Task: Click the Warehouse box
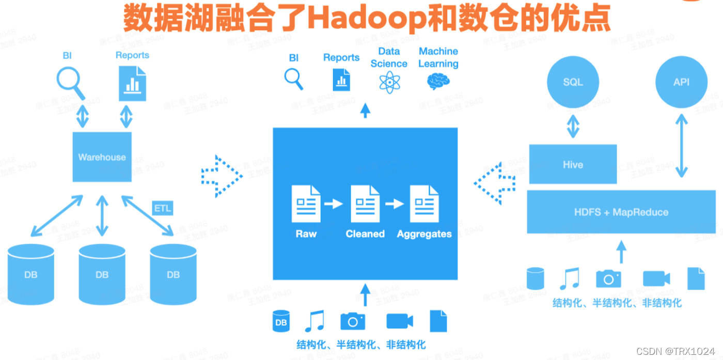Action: [x=102, y=157]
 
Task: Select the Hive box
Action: [x=573, y=164]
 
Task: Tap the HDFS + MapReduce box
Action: [x=621, y=212]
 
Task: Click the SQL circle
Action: [x=573, y=82]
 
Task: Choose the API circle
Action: [x=681, y=82]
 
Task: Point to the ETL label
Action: [x=162, y=209]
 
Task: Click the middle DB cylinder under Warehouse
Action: [x=102, y=274]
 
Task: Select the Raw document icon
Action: [x=306, y=204]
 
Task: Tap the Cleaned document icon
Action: [x=365, y=204]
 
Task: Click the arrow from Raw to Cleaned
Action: [x=334, y=204]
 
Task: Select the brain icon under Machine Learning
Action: [x=438, y=81]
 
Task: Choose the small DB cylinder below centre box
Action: [x=281, y=321]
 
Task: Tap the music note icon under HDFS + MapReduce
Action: [x=570, y=279]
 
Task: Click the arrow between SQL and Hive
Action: [x=573, y=126]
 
